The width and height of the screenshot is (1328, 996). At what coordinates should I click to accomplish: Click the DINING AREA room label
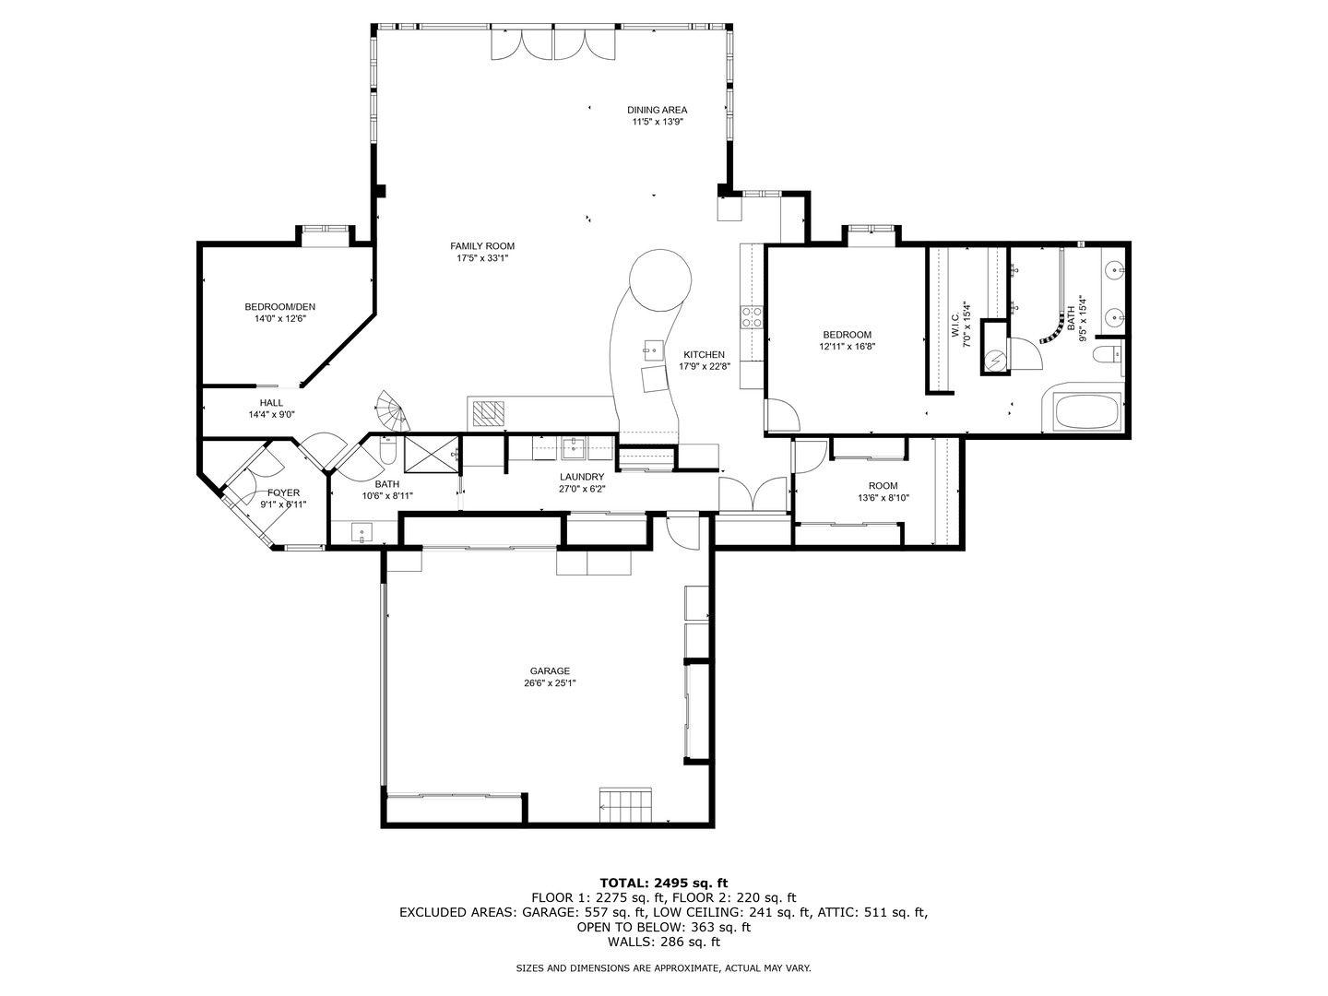click(x=657, y=110)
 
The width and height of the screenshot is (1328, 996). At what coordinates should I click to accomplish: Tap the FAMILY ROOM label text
click(x=482, y=246)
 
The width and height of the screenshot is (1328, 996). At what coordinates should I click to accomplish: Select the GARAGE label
click(x=550, y=671)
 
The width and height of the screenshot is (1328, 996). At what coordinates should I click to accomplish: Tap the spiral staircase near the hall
click(x=392, y=412)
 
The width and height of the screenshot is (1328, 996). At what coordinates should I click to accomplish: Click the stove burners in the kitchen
click(x=752, y=317)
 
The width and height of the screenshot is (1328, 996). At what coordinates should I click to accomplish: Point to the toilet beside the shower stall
click(x=388, y=453)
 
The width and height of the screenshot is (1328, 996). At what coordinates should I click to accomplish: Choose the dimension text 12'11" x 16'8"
click(x=847, y=348)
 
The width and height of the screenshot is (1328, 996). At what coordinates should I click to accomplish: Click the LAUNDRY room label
click(x=581, y=477)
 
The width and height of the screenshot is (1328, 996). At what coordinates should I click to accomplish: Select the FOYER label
click(x=283, y=493)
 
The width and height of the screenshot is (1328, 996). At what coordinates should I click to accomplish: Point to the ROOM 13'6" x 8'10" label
click(x=883, y=486)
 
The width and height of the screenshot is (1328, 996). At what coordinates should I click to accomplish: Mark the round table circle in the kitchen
click(x=660, y=281)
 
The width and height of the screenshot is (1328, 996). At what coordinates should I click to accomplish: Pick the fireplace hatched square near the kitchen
click(x=489, y=412)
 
